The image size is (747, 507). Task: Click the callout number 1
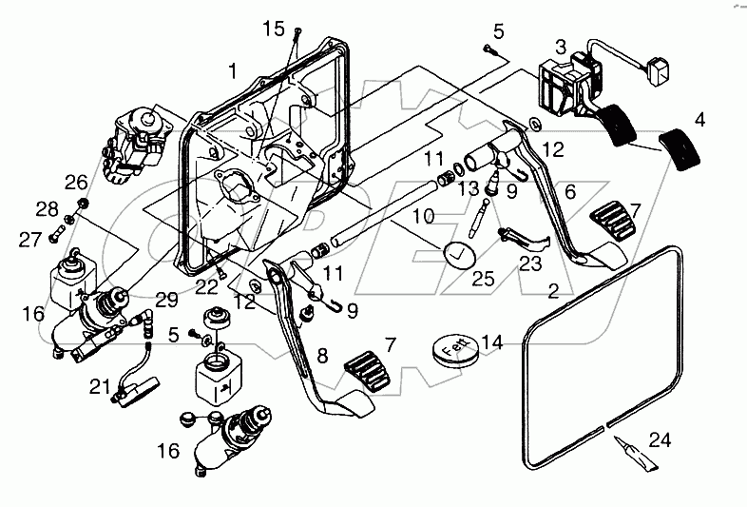[232, 71]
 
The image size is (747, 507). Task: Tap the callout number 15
[274, 30]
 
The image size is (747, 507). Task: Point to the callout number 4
[699, 121]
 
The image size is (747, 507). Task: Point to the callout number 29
[167, 300]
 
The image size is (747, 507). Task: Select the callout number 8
[322, 356]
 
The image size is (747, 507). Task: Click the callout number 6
[570, 191]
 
